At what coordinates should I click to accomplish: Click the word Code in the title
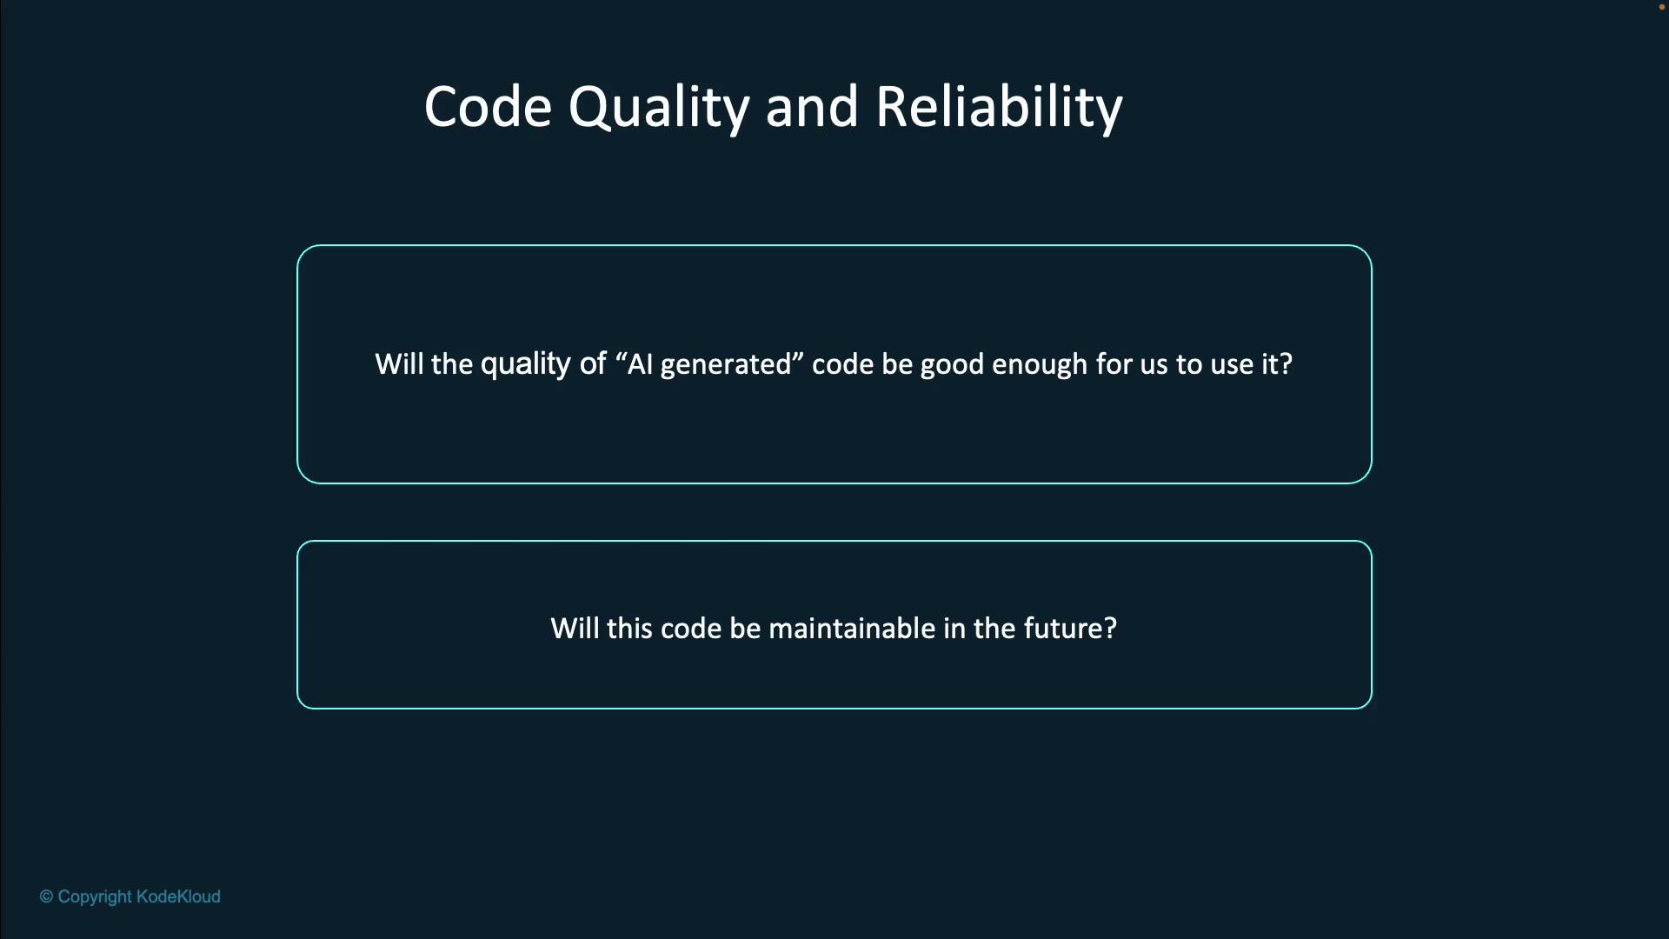tap(488, 107)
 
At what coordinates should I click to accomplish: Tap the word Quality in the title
tap(659, 109)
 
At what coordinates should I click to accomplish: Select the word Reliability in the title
tap(999, 109)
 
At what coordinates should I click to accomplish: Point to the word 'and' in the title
tap(812, 107)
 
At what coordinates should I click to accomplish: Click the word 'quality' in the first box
tap(526, 364)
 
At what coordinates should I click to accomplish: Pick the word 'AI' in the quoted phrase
tap(640, 364)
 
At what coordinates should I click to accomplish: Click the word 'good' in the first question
tap(952, 365)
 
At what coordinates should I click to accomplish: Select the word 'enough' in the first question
tap(1040, 365)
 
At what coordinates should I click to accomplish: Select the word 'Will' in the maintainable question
tap(575, 629)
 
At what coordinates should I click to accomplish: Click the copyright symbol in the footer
tap(46, 896)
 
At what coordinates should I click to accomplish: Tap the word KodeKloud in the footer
tap(178, 896)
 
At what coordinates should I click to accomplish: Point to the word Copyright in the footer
tap(95, 897)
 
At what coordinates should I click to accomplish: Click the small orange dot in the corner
tap(1662, 6)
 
